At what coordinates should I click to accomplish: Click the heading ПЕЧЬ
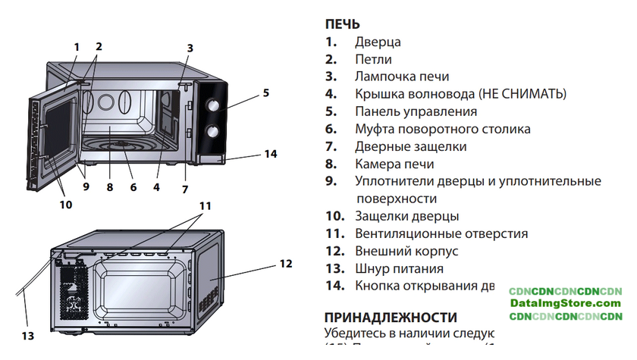(x=342, y=24)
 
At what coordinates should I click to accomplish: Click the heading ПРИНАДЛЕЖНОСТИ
(x=391, y=317)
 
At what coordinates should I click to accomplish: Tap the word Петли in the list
(x=374, y=60)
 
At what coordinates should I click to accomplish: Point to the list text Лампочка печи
(x=402, y=77)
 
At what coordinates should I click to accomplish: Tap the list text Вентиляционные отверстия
(x=441, y=233)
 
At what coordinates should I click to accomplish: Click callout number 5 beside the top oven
(x=266, y=93)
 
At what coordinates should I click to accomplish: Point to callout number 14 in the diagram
(x=271, y=154)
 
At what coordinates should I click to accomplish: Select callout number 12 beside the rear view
(x=285, y=264)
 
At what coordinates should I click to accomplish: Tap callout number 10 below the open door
(x=67, y=203)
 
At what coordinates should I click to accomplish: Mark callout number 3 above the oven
(x=190, y=48)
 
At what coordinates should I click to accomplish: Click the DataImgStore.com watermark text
(x=565, y=303)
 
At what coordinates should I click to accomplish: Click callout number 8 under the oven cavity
(x=110, y=186)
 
